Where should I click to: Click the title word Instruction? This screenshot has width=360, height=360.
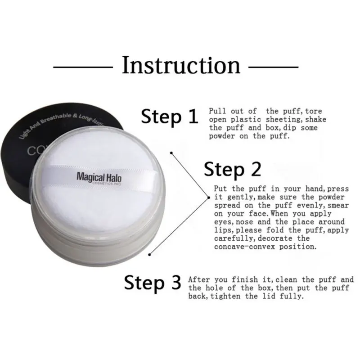coord(181,65)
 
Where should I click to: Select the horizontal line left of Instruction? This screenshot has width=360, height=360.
coord(83,67)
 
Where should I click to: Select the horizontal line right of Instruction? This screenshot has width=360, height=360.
coord(274,67)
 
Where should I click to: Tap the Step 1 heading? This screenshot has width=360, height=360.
coord(169,116)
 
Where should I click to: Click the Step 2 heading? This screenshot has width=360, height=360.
coord(232,169)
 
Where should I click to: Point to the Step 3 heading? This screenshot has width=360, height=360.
coord(152,283)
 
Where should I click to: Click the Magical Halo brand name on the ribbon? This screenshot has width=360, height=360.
coord(102,177)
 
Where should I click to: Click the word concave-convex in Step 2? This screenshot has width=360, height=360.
coord(238,247)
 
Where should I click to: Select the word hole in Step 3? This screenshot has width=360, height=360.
coord(216,288)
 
